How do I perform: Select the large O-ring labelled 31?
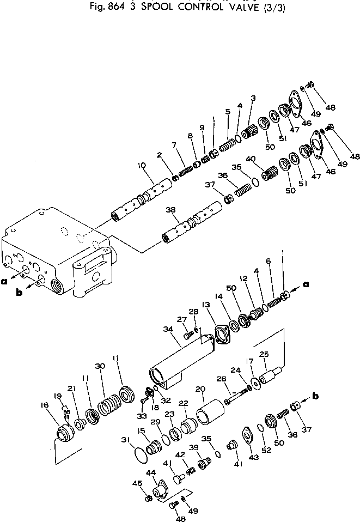[x=143, y=452]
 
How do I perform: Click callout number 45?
[x=138, y=482]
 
